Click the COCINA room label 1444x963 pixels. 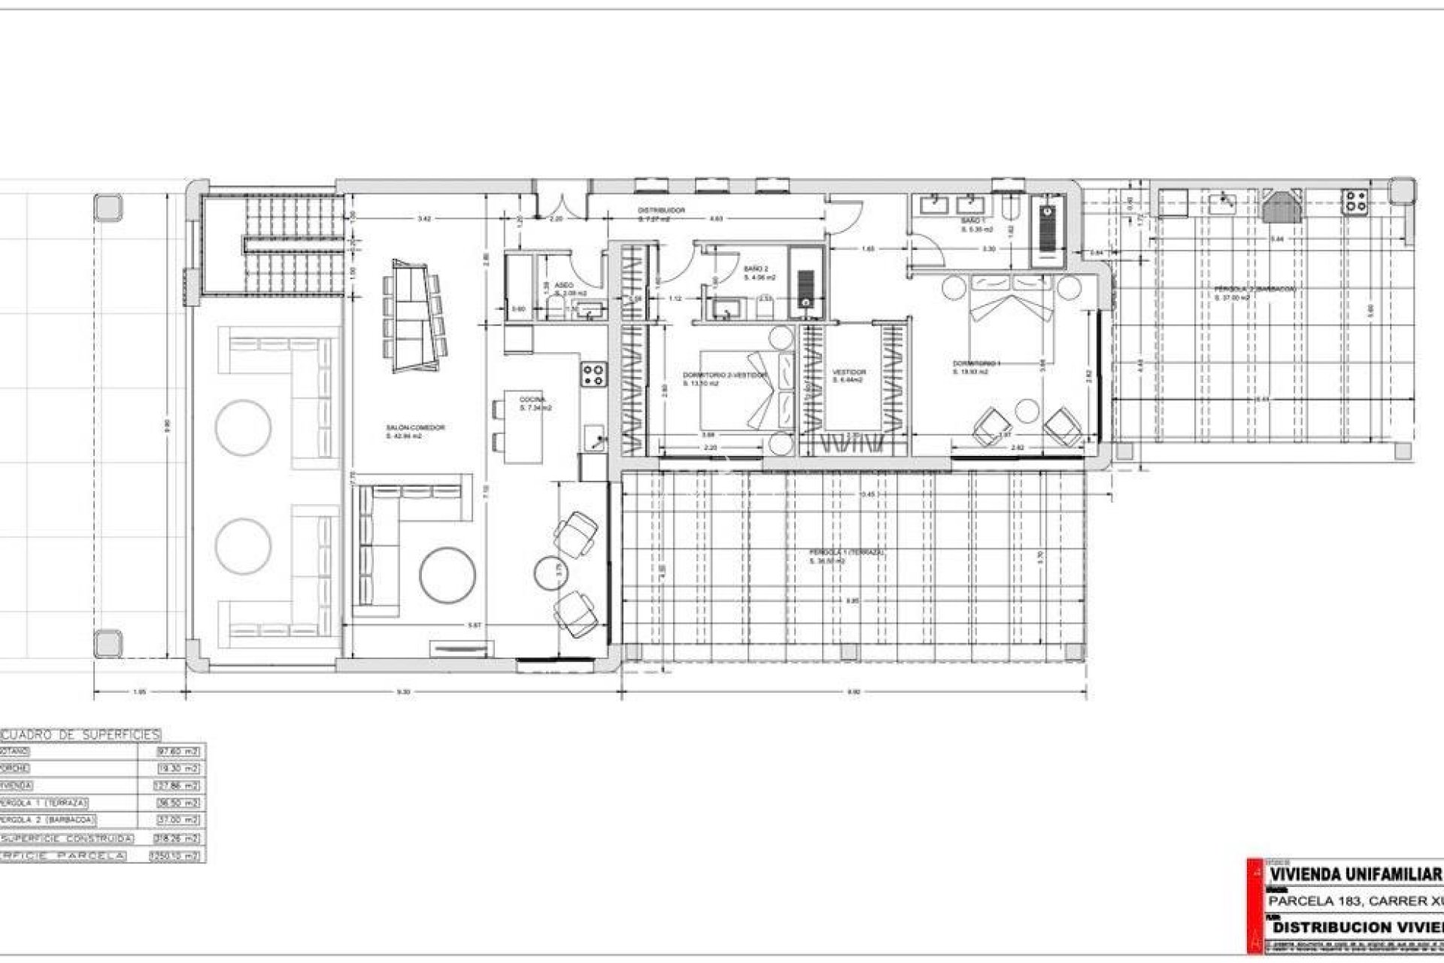(x=532, y=400)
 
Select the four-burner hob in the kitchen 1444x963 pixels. (x=594, y=374)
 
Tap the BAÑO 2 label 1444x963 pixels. (x=756, y=269)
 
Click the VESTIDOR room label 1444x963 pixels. (x=848, y=372)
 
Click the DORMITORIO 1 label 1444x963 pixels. (x=975, y=363)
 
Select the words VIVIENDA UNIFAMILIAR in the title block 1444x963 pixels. (x=1355, y=896)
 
